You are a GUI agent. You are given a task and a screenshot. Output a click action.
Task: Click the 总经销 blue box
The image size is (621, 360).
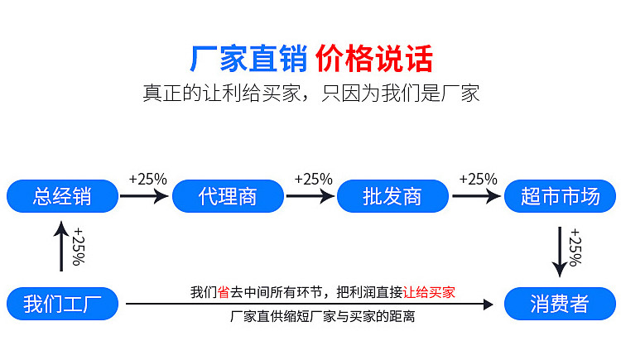point(63,196)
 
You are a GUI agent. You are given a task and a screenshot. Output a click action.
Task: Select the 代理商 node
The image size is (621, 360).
point(229,196)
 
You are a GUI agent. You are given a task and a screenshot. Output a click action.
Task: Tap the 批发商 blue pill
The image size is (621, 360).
point(392,196)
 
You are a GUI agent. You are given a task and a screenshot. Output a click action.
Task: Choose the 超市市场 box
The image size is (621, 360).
point(560,196)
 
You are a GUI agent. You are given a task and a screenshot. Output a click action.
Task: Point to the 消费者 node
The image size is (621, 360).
point(560,304)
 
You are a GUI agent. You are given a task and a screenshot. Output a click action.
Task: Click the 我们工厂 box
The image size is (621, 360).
point(63,304)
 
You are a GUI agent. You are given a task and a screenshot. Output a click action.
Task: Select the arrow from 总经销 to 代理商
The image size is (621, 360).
point(145,196)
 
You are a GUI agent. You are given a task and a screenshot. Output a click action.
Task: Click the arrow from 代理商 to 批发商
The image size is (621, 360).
point(310,196)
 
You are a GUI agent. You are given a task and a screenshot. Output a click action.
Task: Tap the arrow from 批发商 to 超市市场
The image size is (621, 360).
point(476,196)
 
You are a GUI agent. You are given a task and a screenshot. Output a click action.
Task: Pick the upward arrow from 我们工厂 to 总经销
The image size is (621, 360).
point(61,246)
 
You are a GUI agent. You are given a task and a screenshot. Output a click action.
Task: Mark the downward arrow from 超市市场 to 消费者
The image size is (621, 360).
point(560,252)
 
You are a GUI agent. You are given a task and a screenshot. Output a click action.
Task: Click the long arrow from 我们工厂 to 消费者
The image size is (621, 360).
point(310,305)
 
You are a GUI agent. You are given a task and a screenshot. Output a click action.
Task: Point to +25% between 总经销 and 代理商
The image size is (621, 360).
point(148,180)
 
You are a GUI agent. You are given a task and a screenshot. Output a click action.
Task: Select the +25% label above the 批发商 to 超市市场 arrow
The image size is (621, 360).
point(479,180)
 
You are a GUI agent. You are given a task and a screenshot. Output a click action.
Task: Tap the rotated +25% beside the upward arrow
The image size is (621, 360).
point(79,247)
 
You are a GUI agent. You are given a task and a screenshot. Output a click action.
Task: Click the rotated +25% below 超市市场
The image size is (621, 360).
point(575,247)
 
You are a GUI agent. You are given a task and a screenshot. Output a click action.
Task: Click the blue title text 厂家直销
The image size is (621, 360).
point(248,59)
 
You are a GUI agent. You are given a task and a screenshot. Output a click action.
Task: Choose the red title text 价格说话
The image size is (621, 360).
point(374,59)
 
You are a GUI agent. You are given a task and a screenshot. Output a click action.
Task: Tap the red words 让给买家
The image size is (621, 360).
point(429,292)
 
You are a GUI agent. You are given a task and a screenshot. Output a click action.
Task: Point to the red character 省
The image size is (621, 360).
point(224,292)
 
